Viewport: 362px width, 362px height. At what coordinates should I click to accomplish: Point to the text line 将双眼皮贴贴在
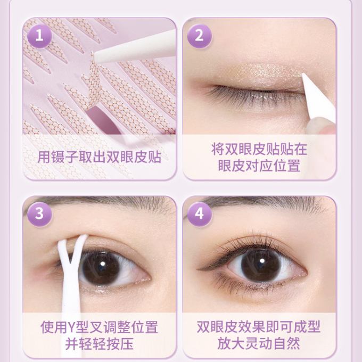click(259, 149)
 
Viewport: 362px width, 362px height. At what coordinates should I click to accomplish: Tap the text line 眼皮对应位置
click(259, 166)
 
